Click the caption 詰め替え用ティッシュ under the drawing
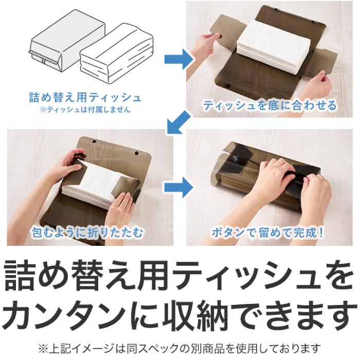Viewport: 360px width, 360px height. click(x=85, y=97)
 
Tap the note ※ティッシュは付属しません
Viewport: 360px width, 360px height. click(x=85, y=109)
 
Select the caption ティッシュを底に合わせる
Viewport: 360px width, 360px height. click(x=269, y=106)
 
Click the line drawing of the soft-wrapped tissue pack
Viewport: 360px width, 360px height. click(x=117, y=51)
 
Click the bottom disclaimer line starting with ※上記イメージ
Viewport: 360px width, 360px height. click(x=180, y=348)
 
